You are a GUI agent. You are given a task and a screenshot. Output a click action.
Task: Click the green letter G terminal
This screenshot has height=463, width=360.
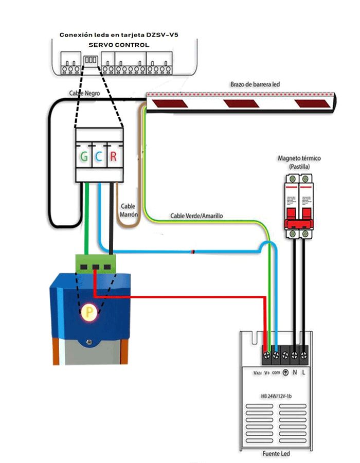click(84, 156)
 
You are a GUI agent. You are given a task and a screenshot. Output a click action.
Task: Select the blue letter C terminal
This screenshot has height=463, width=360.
click(98, 156)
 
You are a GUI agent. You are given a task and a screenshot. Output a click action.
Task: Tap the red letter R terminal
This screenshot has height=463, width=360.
click(113, 156)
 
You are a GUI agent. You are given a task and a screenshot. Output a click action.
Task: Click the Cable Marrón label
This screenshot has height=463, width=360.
click(129, 210)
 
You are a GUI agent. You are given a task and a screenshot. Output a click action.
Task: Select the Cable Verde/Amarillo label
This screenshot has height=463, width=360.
click(196, 216)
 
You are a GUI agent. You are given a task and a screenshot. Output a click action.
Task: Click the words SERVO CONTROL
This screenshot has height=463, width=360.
click(119, 45)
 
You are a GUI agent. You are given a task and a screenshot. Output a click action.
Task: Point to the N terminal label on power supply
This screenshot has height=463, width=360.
click(295, 372)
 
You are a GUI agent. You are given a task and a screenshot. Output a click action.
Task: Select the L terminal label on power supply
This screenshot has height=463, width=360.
click(304, 372)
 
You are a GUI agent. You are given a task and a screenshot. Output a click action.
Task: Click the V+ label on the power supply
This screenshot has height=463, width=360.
click(267, 372)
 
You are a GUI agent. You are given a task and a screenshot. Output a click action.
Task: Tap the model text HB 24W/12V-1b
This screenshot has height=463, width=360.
click(276, 396)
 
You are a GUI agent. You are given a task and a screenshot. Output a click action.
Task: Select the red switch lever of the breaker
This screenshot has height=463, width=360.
click(299, 222)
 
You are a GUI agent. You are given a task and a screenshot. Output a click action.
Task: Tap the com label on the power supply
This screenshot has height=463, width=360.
click(276, 372)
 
